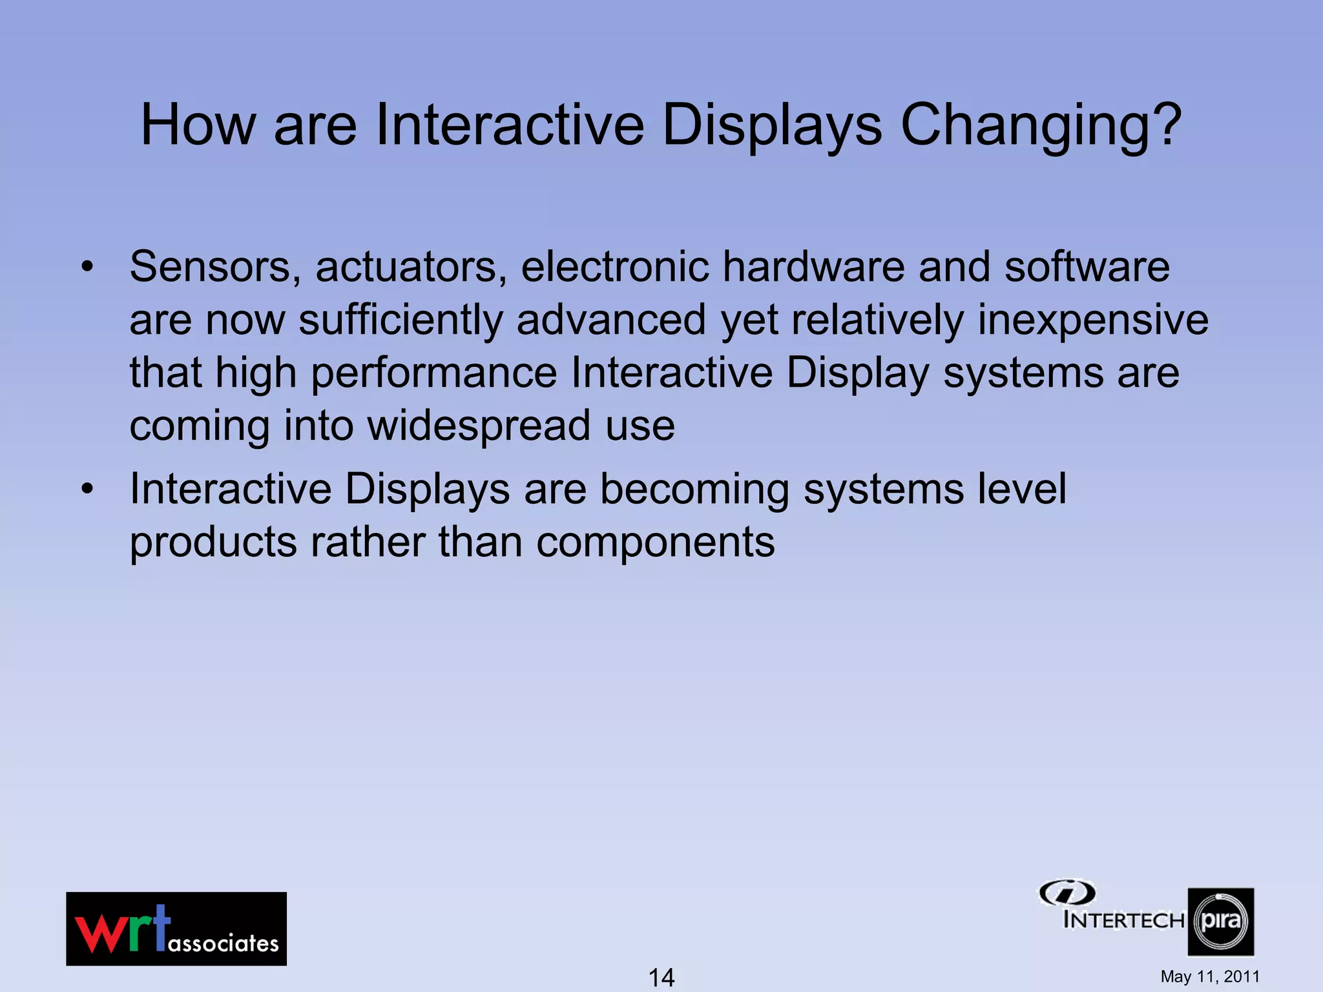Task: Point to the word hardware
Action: point(813,267)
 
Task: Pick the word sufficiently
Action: point(401,320)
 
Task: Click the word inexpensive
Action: point(1092,320)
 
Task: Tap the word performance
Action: point(434,373)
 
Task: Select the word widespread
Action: point(479,426)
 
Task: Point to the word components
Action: point(655,542)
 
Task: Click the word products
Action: point(213,543)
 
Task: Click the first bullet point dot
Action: point(87,267)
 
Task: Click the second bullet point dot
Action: point(87,489)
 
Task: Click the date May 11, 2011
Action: point(1209,976)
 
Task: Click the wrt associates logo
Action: point(176,929)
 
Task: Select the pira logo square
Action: point(1220,922)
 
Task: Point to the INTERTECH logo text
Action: point(1123,920)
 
